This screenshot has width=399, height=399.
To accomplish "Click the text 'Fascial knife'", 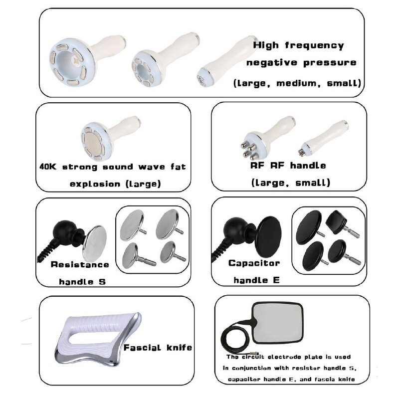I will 158,347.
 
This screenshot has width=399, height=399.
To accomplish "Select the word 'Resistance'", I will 79,264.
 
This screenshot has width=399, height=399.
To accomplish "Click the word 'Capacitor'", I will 254,263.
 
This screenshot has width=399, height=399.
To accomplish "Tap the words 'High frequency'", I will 298,45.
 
